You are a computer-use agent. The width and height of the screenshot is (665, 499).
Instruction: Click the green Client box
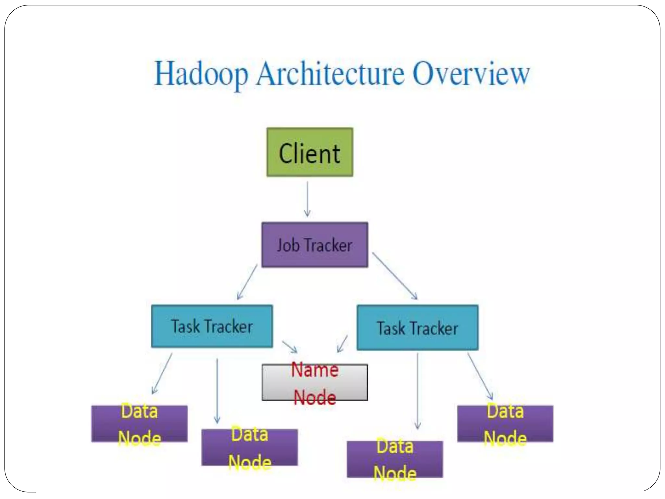coord(310,152)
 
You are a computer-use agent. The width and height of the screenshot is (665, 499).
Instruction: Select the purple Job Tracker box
coord(315,245)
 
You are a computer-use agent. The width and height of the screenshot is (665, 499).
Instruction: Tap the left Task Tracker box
coord(212,326)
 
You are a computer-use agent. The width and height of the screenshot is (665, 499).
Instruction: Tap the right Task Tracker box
coord(417,327)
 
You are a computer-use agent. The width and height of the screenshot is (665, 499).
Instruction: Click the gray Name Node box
coord(315,382)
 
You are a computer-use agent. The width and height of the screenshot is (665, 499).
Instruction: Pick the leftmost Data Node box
coord(139,424)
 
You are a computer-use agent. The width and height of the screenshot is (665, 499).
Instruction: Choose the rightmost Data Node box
coord(505,424)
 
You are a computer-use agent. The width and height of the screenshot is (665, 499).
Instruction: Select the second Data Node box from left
coord(249,447)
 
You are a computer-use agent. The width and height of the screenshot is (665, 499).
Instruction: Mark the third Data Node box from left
coord(395,459)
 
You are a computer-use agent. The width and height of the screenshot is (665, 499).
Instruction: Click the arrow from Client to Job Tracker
coord(307,199)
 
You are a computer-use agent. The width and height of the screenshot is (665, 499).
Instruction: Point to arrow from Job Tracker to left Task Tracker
coord(247,282)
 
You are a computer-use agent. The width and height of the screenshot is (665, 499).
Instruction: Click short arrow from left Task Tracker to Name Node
coord(290,347)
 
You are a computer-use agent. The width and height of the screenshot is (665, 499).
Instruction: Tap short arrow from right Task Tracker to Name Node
coord(342,344)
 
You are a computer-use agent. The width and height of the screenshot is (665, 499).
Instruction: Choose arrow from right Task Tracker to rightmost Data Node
coord(480,376)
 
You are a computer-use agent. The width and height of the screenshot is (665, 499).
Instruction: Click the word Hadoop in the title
coord(201,74)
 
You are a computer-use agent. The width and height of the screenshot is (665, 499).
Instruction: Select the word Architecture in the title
coord(330,74)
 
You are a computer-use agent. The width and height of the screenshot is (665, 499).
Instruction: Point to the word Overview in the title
coord(471,74)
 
